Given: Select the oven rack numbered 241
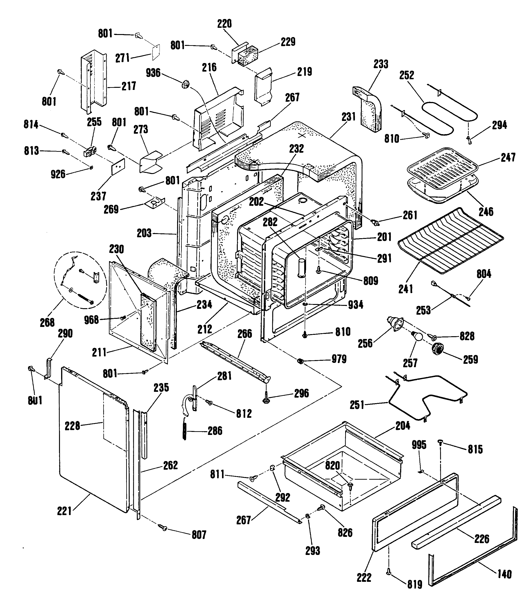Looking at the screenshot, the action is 451,241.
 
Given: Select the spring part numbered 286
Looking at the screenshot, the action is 184,431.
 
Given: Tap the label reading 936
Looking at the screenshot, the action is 153,73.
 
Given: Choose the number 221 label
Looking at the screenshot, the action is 65,511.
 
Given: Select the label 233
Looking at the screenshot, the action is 381,64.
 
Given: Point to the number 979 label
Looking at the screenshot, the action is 339,359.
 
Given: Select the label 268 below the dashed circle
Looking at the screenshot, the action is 47,322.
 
